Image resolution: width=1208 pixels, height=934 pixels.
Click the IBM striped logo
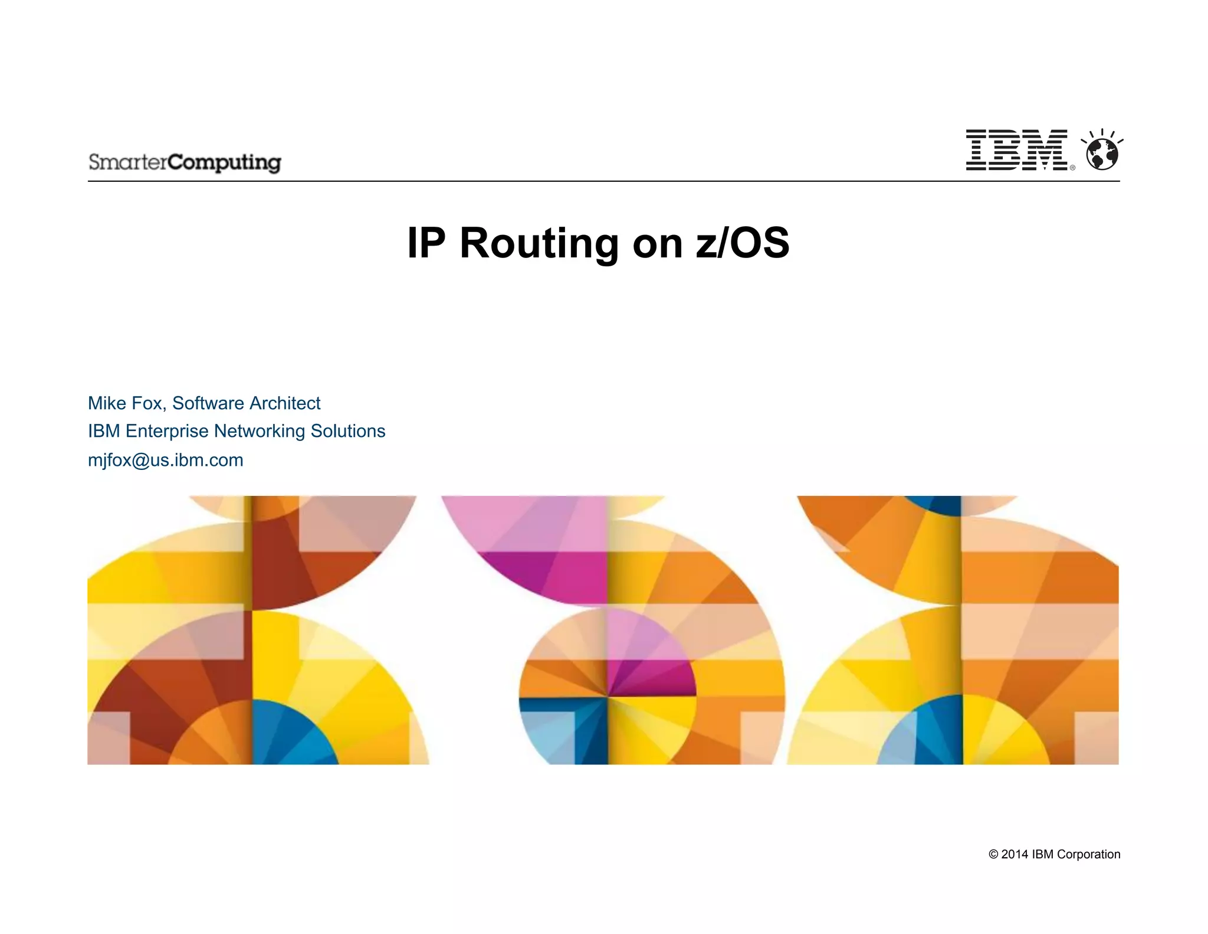pyautogui.click(x=1016, y=150)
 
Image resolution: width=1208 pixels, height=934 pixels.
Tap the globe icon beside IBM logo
pyautogui.click(x=1102, y=152)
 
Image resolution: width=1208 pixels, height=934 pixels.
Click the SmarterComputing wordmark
pyautogui.click(x=185, y=162)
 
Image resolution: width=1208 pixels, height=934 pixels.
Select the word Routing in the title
pyautogui.click(x=539, y=243)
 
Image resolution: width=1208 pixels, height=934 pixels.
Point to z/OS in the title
pyautogui.click(x=742, y=243)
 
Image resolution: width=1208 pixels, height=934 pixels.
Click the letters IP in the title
pyautogui.click(x=426, y=243)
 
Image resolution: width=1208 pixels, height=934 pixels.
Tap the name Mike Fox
pyautogui.click(x=125, y=403)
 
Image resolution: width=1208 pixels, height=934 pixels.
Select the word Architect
pyautogui.click(x=284, y=403)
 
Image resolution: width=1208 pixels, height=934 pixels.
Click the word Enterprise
pyautogui.click(x=167, y=431)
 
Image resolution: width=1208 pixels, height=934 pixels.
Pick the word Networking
pyautogui.click(x=260, y=431)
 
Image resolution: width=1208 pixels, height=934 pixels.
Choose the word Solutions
pyautogui.click(x=348, y=431)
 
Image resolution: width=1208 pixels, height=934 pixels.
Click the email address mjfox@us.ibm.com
pyautogui.click(x=166, y=460)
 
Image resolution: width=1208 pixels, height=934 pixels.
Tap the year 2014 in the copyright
pyautogui.click(x=1015, y=854)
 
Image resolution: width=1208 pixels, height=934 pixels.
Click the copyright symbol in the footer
pyautogui.click(x=993, y=854)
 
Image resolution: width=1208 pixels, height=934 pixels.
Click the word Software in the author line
pyautogui.click(x=208, y=403)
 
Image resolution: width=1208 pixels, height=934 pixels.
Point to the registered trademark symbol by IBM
pyautogui.click(x=1072, y=168)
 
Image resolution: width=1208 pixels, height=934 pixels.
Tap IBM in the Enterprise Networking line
pyautogui.click(x=104, y=431)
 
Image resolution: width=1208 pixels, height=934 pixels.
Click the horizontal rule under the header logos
pyautogui.click(x=603, y=181)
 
